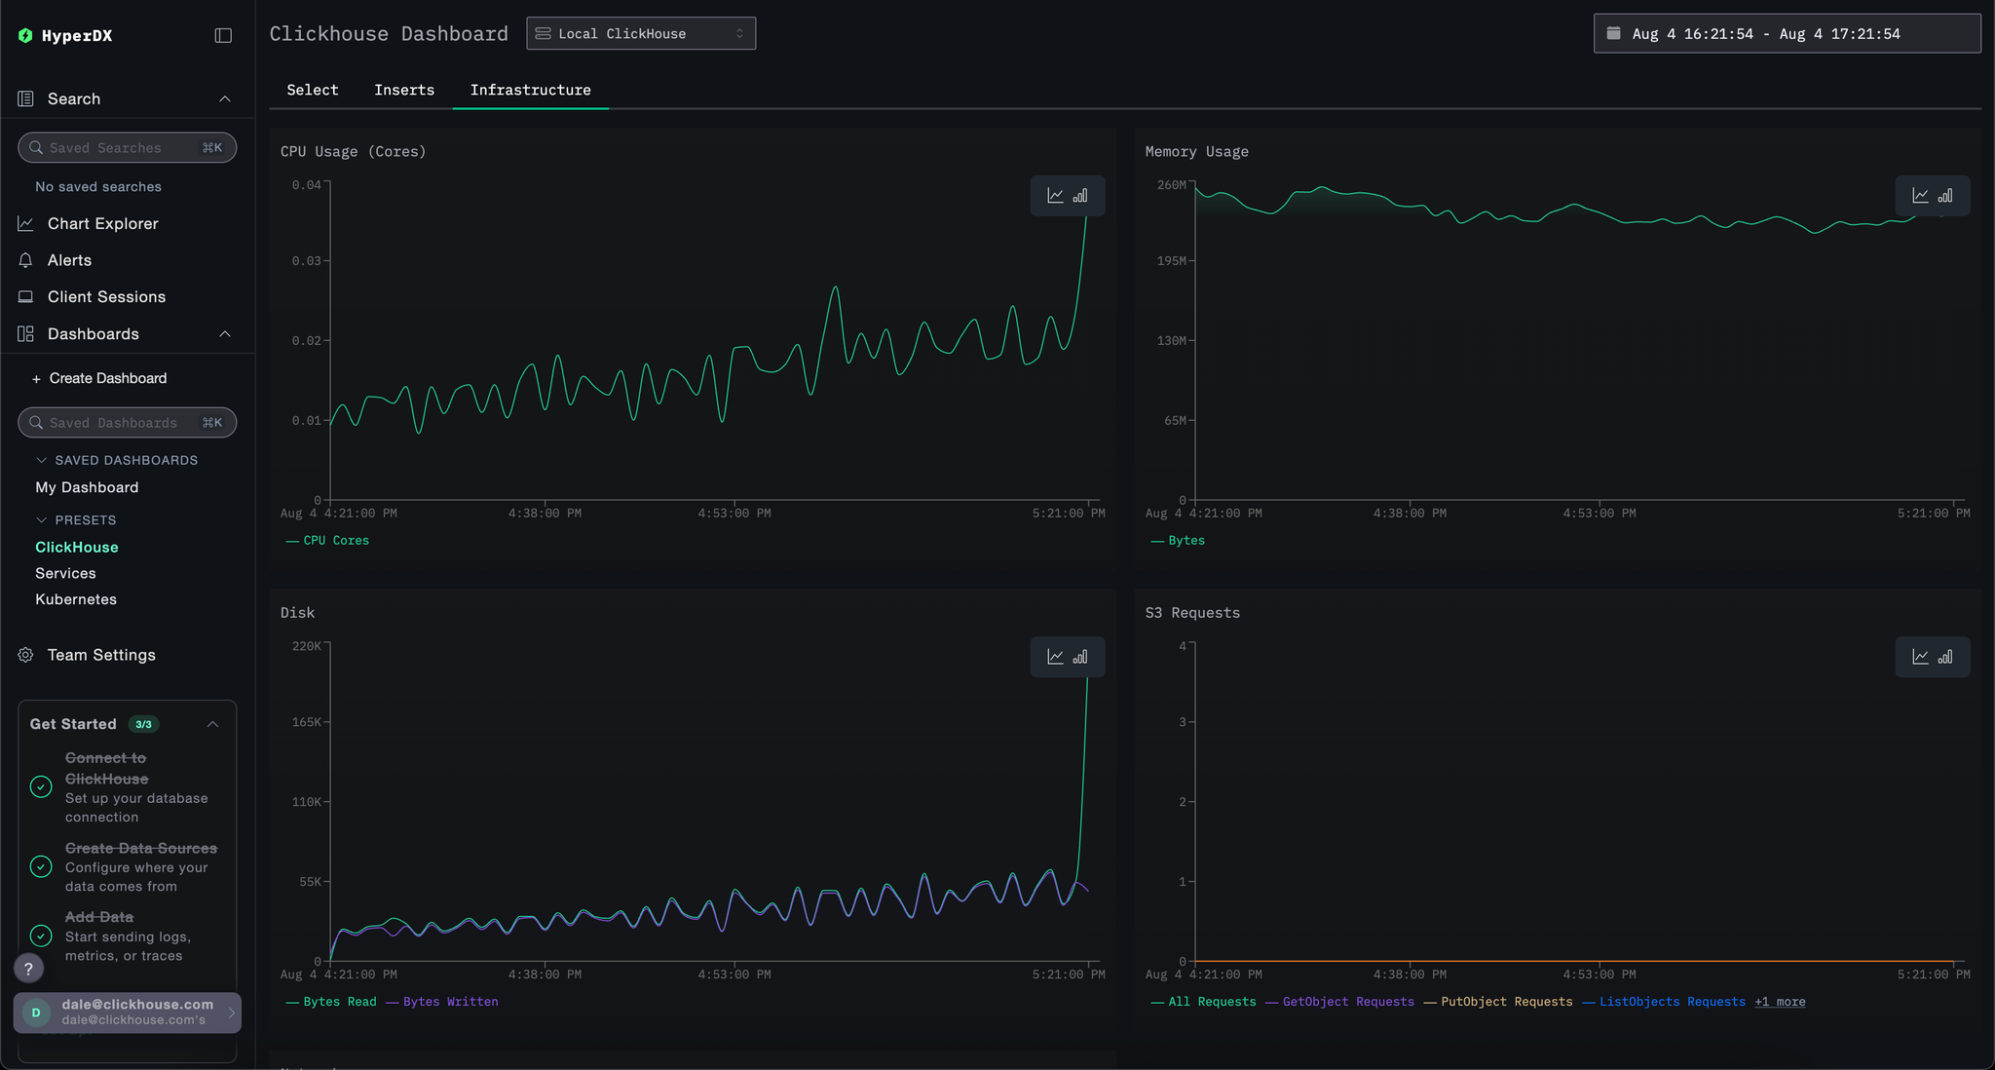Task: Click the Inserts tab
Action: click(x=404, y=90)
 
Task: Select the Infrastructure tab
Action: click(x=530, y=90)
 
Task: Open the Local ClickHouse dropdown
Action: click(x=641, y=33)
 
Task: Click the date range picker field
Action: click(x=1786, y=33)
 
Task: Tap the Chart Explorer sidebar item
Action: click(x=102, y=223)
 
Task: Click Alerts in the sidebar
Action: click(x=69, y=260)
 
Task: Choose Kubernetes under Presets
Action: click(x=76, y=599)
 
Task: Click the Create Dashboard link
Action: click(x=107, y=378)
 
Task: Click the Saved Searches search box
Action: click(x=127, y=148)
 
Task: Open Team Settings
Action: click(x=101, y=655)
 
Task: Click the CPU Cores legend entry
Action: click(x=335, y=541)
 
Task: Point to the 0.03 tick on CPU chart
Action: click(x=306, y=261)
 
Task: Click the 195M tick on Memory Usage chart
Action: click(x=1171, y=261)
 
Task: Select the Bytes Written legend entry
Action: click(x=450, y=1002)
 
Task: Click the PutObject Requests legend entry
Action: click(x=1506, y=1002)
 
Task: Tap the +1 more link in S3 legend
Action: click(x=1780, y=1002)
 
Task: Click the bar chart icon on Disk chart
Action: click(x=1080, y=657)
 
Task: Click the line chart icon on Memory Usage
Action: click(x=1920, y=196)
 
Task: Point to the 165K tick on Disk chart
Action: click(x=306, y=722)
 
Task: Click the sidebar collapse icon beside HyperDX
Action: click(x=223, y=36)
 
